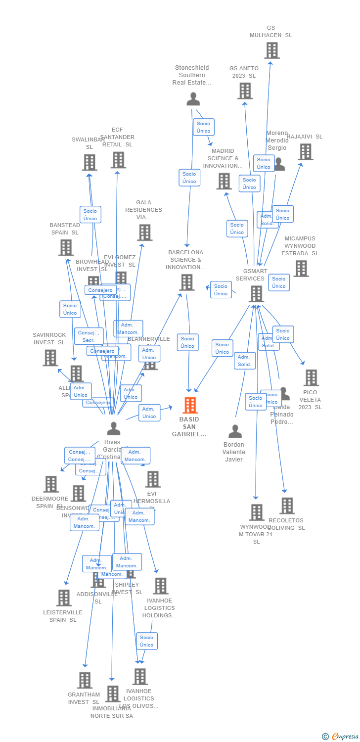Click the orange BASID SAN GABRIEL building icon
[190, 405]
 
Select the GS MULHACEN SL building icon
[271, 50]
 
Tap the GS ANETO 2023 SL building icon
[245, 91]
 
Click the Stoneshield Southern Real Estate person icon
[193, 99]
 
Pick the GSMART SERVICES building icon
[256, 294]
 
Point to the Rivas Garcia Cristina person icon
[114, 428]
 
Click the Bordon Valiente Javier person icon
[235, 431]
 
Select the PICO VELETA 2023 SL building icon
[311, 378]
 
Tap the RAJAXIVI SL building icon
[306, 152]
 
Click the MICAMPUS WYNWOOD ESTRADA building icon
[301, 269]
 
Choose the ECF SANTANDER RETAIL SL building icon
[118, 160]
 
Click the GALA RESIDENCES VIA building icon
[144, 232]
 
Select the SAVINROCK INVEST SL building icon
[50, 358]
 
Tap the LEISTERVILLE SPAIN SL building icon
[64, 598]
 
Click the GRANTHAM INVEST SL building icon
[85, 680]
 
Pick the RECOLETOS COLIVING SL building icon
[287, 506]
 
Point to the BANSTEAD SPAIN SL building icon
[66, 248]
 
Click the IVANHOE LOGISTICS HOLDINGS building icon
[160, 586]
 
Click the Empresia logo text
[345, 737]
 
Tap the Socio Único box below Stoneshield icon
[203, 127]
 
